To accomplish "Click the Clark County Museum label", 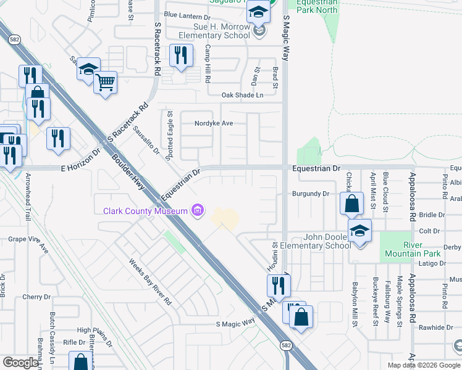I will pos(145,212).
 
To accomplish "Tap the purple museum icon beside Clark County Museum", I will pos(198,212).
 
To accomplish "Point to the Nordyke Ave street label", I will pos(214,123).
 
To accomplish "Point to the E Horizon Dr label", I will pos(80,160).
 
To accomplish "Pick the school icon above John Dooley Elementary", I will pos(359,230).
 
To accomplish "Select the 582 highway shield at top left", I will pos(13,39).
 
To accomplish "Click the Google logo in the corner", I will pos(21,363).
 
